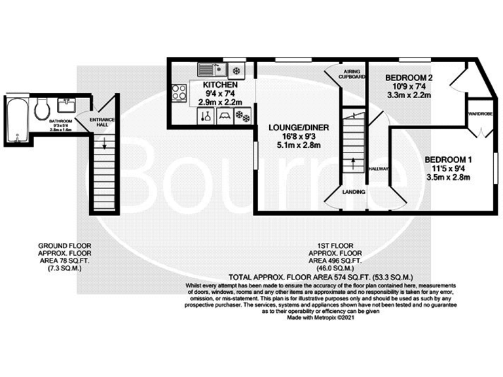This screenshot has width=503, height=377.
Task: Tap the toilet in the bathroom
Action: click(x=42, y=109)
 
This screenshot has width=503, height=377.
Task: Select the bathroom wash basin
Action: click(x=65, y=105)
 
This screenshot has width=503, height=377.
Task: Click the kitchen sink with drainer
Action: click(x=211, y=68)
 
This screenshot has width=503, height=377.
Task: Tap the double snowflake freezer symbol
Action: click(x=243, y=117)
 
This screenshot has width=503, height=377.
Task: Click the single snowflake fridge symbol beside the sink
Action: click(x=236, y=69)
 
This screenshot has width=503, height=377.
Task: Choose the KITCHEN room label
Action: click(x=215, y=86)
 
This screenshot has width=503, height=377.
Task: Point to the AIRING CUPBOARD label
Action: click(x=352, y=74)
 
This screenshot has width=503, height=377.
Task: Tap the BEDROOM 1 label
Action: click(x=448, y=159)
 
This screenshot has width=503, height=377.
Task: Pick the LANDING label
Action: click(x=354, y=192)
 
